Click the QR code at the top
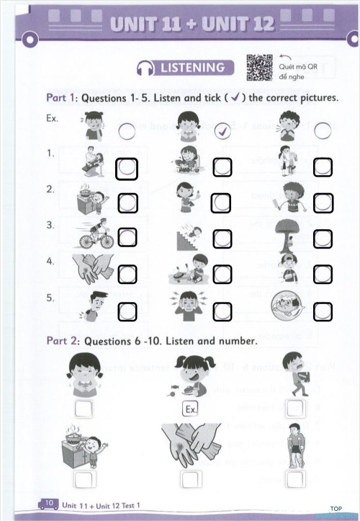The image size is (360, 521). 259,67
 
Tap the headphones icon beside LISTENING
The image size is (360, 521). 145,68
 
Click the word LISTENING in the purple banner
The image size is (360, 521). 192,68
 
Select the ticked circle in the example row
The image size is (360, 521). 222,130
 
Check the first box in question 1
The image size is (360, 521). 127,169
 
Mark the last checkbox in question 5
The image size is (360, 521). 323,311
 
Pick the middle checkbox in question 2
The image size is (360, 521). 222,203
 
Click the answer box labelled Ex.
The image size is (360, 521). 190,409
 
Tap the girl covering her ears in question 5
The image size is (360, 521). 189,306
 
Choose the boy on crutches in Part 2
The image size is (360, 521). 294,447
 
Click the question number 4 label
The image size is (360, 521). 50,262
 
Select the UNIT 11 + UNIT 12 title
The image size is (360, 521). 192,24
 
